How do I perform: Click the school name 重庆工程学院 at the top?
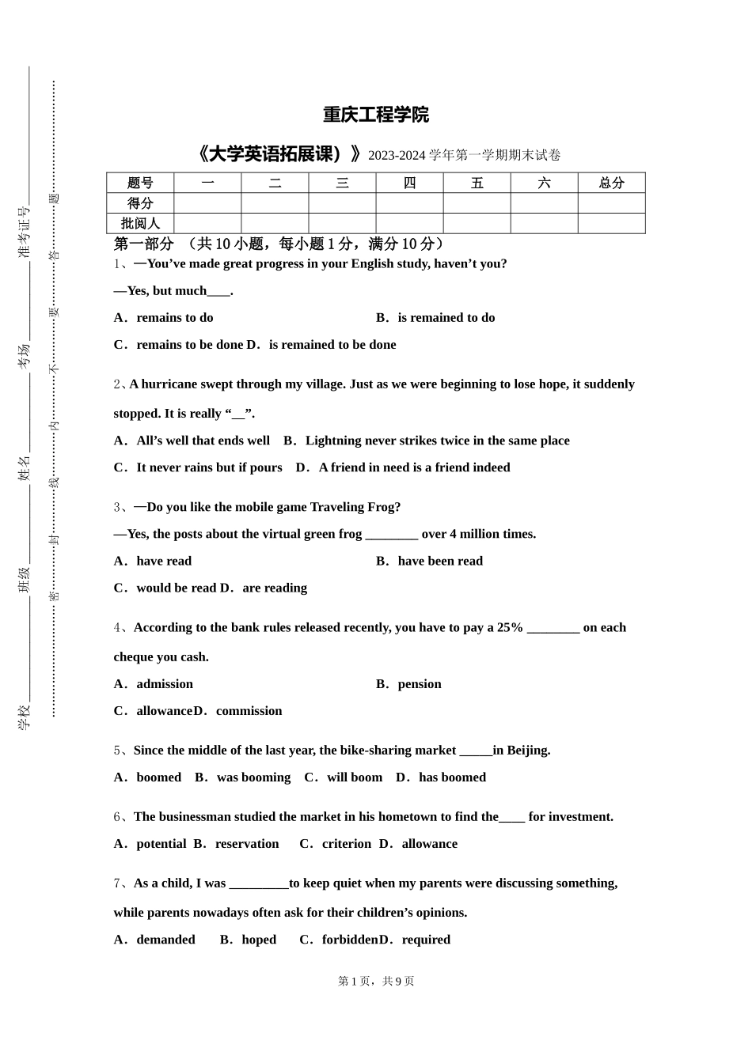(x=376, y=115)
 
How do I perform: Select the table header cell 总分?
(x=611, y=183)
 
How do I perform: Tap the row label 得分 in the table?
(x=140, y=203)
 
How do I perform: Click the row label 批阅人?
(x=140, y=224)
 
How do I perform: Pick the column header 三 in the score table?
(x=342, y=183)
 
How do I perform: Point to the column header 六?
(x=544, y=183)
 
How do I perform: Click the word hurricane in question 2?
(x=169, y=384)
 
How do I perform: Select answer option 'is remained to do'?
(x=446, y=318)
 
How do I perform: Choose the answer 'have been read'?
(x=440, y=562)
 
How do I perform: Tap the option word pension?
(x=420, y=684)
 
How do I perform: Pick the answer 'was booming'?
(x=253, y=777)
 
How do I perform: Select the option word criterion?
(x=347, y=844)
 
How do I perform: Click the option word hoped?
(x=259, y=940)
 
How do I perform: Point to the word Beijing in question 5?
(x=527, y=751)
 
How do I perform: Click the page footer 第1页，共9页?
(x=376, y=982)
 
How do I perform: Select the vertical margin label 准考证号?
(x=25, y=233)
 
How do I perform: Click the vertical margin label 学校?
(x=25, y=717)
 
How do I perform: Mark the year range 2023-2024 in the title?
(x=397, y=156)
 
